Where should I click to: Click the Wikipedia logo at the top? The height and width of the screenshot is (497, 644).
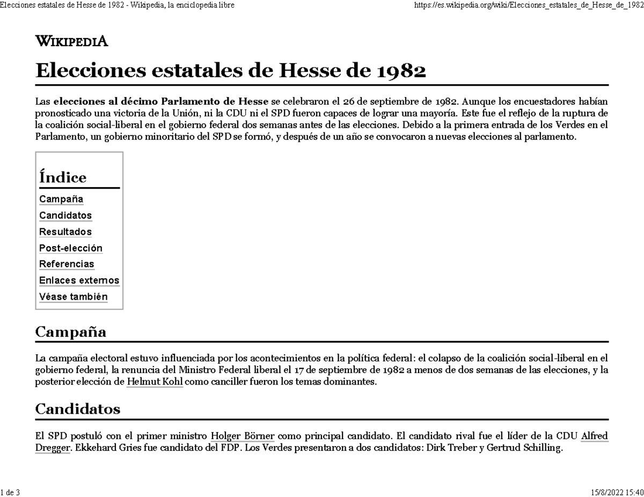(71, 41)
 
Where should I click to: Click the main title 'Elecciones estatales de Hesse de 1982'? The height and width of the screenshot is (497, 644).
(230, 71)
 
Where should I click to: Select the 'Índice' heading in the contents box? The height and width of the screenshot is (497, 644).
(63, 177)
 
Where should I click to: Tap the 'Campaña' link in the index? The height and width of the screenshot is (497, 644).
(61, 199)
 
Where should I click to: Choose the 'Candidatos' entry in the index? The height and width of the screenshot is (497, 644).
(65, 216)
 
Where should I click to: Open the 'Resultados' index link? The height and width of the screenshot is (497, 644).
(65, 232)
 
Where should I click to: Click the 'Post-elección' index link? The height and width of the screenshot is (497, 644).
(71, 248)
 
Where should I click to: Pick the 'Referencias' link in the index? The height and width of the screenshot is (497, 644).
(67, 264)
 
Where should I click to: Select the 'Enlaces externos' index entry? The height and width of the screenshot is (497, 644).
(79, 280)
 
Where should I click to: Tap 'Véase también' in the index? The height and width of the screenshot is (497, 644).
(74, 296)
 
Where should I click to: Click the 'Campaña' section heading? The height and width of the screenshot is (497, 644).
(70, 332)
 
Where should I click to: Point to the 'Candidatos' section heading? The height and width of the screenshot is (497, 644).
(77, 409)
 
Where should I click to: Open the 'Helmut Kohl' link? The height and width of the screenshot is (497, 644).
(155, 382)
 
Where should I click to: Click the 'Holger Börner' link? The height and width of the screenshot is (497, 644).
(243, 435)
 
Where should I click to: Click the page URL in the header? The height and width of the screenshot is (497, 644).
(529, 5)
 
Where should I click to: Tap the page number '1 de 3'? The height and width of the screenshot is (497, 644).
(10, 492)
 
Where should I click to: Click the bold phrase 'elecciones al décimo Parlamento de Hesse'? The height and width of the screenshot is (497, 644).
(161, 102)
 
